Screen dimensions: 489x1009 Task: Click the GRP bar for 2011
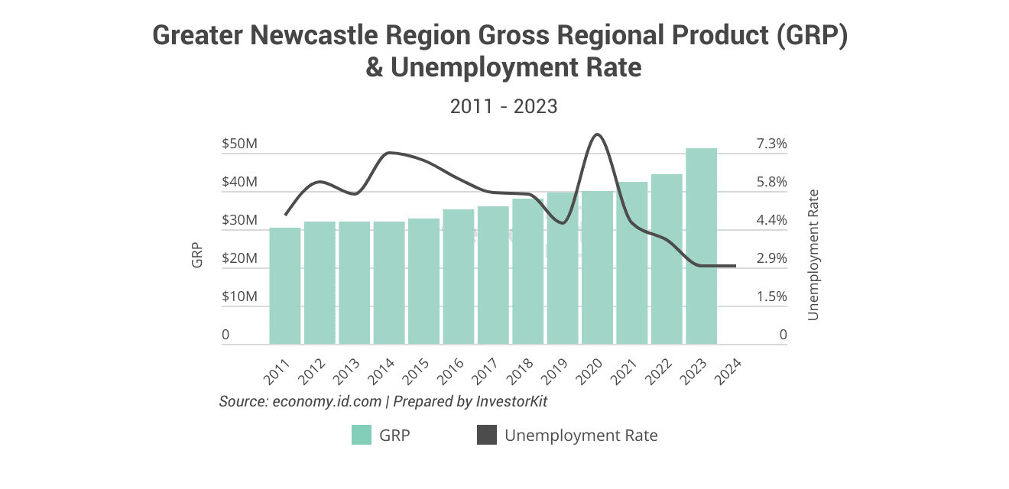[284, 286]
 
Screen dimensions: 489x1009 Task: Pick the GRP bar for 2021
[631, 263]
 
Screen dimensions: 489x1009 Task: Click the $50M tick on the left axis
[239, 144]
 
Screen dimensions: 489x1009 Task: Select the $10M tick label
[239, 296]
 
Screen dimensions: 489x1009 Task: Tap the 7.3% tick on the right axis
[772, 144]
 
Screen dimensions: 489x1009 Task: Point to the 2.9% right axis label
[772, 258]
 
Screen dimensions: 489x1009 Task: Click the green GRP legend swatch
[361, 436]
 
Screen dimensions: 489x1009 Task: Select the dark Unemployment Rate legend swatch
[486, 436]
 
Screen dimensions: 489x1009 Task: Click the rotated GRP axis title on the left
[197, 254]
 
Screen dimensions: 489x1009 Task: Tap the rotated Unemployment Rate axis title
[813, 254]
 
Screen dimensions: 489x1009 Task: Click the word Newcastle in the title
[309, 36]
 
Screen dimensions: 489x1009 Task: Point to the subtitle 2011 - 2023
[504, 107]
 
